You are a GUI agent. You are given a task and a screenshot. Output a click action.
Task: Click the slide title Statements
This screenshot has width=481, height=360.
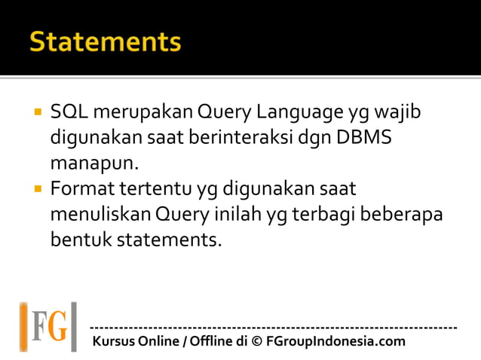106,42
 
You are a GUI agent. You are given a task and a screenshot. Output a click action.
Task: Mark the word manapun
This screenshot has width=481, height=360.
90,163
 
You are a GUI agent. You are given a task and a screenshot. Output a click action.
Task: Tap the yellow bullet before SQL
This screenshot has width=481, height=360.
35,114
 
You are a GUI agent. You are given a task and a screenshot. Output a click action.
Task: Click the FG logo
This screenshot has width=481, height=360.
48,326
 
